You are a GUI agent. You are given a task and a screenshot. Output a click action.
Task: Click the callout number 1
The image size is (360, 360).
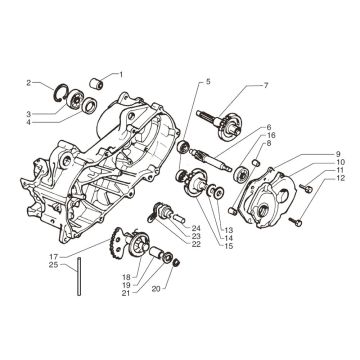(121, 75)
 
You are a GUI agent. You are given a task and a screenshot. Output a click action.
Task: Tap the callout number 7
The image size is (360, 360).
(266, 86)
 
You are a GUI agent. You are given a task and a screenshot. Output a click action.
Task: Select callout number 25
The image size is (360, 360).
(54, 265)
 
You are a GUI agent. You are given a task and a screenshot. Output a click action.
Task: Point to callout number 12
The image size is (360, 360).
(341, 178)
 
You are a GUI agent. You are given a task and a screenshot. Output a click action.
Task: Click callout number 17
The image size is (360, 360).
(54, 257)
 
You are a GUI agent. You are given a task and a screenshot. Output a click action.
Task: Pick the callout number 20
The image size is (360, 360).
(156, 289)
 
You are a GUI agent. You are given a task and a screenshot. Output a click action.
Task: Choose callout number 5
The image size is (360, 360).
(208, 81)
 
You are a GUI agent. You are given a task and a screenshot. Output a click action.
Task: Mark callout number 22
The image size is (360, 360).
(196, 244)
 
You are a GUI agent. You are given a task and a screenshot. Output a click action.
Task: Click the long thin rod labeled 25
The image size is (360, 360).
(79, 276)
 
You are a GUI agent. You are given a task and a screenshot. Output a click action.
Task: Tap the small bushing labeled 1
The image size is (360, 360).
(96, 83)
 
